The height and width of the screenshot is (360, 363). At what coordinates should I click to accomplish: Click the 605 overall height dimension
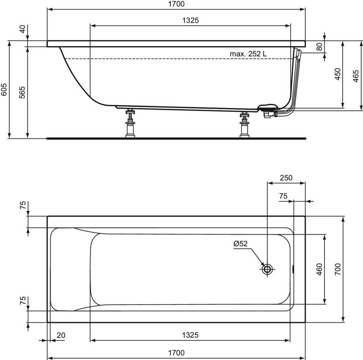(x=4, y=89)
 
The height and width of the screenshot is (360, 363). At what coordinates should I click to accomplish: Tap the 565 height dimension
(x=22, y=92)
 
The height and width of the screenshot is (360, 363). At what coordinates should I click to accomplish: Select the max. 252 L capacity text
(x=248, y=54)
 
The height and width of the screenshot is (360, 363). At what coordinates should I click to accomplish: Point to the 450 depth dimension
(x=338, y=74)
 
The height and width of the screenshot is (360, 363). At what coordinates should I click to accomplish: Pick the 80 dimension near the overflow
(x=319, y=47)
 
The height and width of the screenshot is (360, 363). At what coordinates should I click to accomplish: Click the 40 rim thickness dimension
(x=22, y=29)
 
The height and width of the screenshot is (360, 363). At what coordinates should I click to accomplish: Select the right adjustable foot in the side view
(x=244, y=124)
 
